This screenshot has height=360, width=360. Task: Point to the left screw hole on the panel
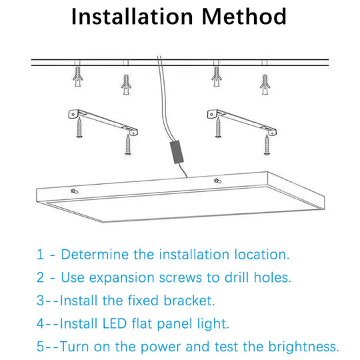73,191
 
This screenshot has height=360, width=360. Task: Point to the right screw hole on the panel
217,181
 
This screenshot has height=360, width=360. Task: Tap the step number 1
39,255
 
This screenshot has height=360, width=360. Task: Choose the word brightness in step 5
301,347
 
